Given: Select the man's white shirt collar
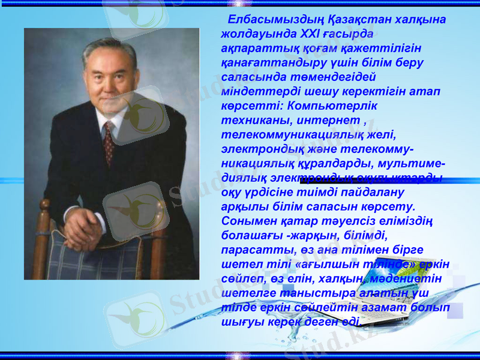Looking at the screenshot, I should click(114, 117).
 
